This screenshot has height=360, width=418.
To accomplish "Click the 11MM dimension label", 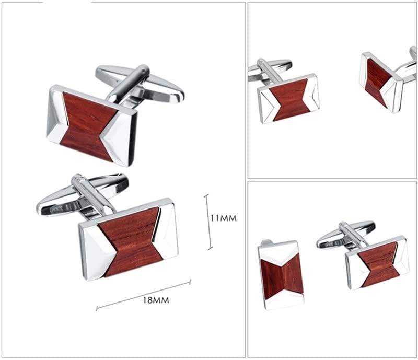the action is [224, 218].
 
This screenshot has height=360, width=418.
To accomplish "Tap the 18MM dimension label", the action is [156, 300].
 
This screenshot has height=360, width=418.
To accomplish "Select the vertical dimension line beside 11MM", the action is [208, 222].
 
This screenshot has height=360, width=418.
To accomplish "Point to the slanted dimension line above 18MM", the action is [143, 295].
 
